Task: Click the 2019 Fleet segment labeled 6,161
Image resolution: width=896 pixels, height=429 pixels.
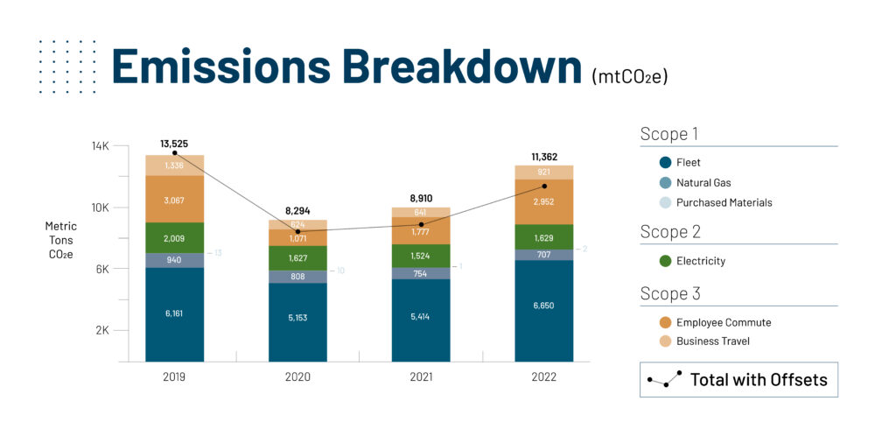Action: pos(174,314)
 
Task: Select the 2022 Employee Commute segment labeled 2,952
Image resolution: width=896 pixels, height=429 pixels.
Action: pos(543,201)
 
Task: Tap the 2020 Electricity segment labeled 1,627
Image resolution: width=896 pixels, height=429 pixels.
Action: pos(297,258)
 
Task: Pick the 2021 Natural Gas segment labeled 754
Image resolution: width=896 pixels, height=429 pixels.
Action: pos(421,273)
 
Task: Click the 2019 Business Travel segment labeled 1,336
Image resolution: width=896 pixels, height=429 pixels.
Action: pos(174,165)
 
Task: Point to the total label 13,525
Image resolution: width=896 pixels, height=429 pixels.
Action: pos(174,144)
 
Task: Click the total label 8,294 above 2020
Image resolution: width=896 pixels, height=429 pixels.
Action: pos(297,211)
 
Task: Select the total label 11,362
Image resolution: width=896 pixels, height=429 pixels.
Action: pos(543,158)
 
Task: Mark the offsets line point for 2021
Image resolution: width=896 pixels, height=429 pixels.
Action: pos(421,224)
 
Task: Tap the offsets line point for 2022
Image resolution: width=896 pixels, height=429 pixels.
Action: pos(543,186)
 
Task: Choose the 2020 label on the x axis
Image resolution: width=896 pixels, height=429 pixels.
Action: pos(297,376)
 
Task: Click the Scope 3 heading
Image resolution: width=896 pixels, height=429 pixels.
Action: pos(670,293)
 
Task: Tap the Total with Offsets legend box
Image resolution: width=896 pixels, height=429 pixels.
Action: pos(738,380)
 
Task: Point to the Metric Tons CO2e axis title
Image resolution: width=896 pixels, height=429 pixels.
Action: pos(61,240)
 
